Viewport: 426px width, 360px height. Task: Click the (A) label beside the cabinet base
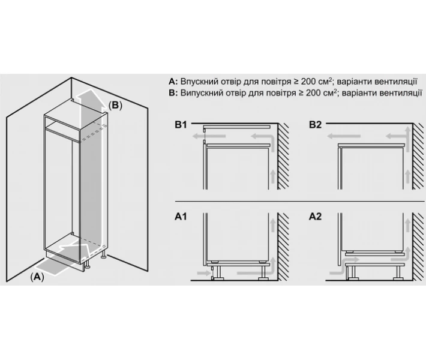37,277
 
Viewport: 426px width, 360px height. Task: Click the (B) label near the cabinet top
115,105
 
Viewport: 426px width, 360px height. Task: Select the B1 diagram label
181,125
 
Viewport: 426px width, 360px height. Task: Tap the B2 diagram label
315,125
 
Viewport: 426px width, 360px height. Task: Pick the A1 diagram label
181,217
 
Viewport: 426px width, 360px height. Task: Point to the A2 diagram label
315,217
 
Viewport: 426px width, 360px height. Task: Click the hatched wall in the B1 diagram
283,156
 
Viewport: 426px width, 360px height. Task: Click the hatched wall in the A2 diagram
418,247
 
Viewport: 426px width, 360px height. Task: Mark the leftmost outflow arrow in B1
209,136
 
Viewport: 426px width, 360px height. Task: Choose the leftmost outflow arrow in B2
344,136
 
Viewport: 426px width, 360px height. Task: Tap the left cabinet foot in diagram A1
217,272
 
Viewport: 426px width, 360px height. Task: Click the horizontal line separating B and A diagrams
299,202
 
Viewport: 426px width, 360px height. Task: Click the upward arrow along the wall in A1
273,226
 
